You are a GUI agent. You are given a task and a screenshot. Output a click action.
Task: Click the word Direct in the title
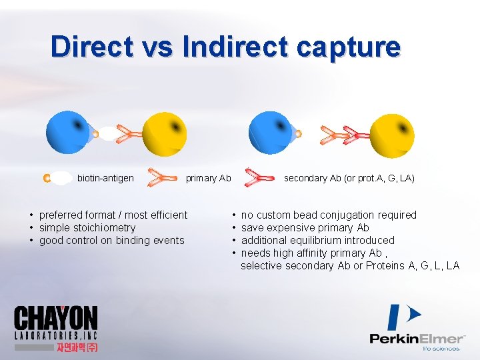click(92, 47)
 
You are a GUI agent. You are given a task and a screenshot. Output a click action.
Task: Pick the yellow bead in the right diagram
click(392, 135)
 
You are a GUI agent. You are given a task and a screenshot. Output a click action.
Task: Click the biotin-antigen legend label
click(105, 178)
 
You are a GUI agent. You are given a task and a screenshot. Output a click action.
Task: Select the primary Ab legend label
click(208, 178)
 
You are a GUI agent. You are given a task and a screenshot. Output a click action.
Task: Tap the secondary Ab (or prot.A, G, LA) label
click(349, 178)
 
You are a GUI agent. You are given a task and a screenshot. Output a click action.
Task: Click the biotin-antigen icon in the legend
click(57, 178)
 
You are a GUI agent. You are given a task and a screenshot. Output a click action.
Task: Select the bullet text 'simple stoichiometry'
click(87, 227)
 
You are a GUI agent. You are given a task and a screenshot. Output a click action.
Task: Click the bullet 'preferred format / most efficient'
click(113, 215)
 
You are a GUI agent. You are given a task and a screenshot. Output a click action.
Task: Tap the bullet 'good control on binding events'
click(111, 240)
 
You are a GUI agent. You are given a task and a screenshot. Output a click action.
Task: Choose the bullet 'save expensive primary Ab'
click(305, 227)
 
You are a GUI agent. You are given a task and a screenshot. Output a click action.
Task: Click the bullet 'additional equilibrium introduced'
click(317, 240)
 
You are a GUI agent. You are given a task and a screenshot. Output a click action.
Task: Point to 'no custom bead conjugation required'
click(328, 215)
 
